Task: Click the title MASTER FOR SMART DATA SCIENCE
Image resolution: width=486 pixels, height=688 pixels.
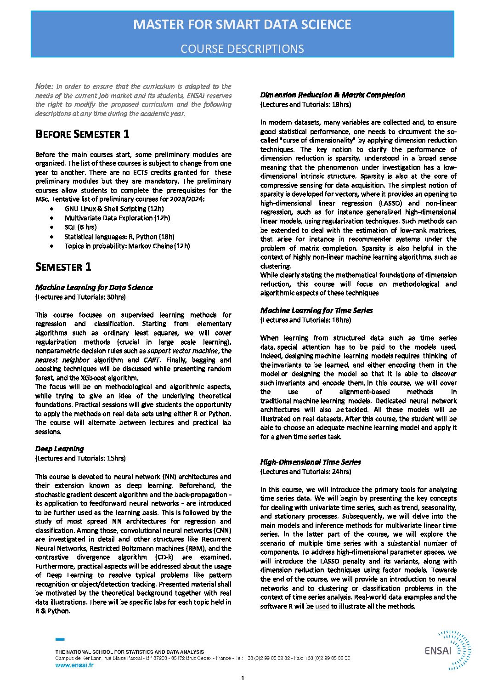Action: pos(242,24)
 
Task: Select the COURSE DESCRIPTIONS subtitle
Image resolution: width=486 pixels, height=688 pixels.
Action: pos(242,49)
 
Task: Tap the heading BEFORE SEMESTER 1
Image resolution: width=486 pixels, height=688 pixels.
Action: pos(82,134)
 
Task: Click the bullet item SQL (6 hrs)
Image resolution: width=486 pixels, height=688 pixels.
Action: pos(80,227)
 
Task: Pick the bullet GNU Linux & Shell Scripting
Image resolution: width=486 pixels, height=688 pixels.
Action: pos(112,209)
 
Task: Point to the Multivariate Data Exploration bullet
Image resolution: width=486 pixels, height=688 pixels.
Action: pos(117,218)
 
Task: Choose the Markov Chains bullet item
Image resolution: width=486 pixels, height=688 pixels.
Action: pos(127,245)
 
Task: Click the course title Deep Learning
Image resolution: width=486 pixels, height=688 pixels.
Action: pos(60,449)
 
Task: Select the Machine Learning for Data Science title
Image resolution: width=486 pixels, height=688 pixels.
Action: pos(94,287)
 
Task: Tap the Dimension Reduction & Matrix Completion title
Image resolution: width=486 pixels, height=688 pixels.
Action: pos(333,95)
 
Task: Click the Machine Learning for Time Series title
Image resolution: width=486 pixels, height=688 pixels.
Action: pos(316,310)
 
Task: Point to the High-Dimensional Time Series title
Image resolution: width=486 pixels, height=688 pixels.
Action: pos(311,462)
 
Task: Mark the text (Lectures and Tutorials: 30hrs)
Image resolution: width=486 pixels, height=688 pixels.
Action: pos(80,297)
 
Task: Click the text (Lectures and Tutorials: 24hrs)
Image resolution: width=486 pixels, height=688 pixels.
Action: pos(305,472)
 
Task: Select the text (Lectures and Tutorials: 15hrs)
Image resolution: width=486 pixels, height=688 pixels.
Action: pos(80,458)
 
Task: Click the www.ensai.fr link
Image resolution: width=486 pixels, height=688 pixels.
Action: pos(74,665)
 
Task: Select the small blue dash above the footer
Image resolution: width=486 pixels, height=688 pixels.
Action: pos(60,639)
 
